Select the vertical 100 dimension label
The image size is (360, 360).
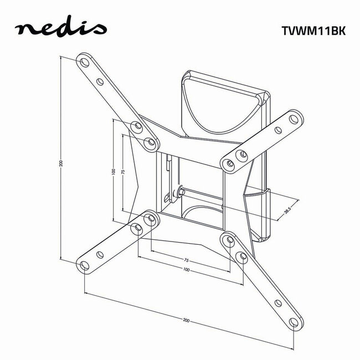pos(113,172)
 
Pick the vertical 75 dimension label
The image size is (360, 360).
pos(123,172)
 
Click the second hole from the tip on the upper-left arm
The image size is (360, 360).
pos(100,83)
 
